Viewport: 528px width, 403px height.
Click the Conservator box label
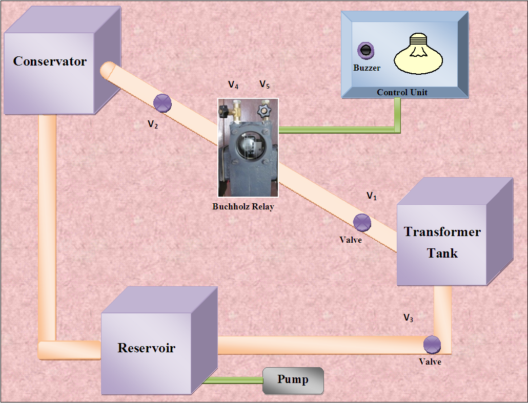(50, 61)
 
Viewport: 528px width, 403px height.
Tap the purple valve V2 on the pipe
(163, 103)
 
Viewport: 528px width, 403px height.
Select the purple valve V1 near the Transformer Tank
(362, 222)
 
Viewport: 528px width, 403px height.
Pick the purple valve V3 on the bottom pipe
(432, 344)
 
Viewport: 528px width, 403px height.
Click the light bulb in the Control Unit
(418, 54)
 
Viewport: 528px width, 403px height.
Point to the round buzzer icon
(365, 50)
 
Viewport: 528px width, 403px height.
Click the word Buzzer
(367, 68)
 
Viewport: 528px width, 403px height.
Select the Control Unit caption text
(402, 93)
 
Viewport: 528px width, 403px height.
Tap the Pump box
(293, 380)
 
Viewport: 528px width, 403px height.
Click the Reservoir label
(146, 348)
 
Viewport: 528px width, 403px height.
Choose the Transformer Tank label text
(442, 242)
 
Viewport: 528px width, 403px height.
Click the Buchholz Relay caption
(243, 207)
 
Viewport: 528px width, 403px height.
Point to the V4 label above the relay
(233, 85)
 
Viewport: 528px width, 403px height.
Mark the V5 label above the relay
(265, 84)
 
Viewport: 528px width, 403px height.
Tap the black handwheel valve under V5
(265, 110)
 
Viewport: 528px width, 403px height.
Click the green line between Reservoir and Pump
(234, 380)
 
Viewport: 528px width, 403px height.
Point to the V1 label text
(372, 196)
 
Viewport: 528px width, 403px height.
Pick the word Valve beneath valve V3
(430, 362)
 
